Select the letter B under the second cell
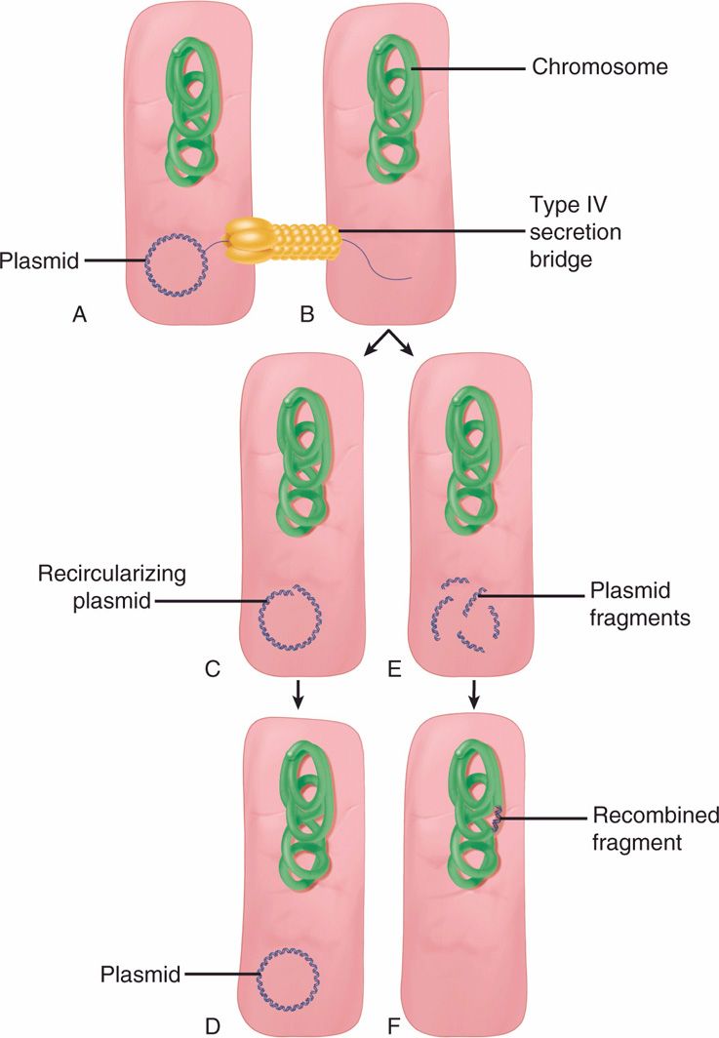tap(304, 314)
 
